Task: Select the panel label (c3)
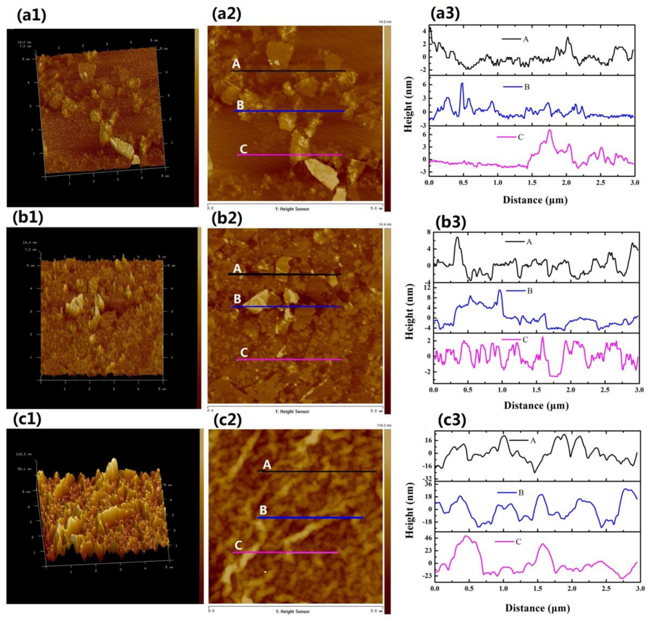[x=452, y=421]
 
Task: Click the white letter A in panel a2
[x=236, y=64]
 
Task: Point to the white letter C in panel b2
[x=244, y=353]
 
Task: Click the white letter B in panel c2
[x=263, y=510]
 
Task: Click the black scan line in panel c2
[x=317, y=471]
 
